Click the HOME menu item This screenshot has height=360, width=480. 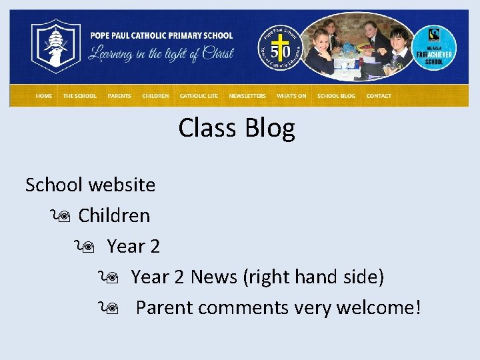pos(44,96)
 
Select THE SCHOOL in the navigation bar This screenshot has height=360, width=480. pos(79,96)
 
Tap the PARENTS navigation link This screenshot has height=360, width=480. pos(119,96)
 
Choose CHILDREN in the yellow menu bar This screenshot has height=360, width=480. pos(155,96)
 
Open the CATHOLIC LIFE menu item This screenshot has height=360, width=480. pos(199,96)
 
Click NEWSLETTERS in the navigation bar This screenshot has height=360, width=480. pos(247,96)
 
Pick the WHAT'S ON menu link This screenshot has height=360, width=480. pos(291,96)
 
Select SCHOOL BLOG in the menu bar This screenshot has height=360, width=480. pos(337,96)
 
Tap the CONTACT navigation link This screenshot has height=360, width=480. pos(379,96)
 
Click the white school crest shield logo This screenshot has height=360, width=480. pos(56,45)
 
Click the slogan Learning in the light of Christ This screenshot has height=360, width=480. pos(161,54)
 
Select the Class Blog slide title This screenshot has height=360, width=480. pos(237,128)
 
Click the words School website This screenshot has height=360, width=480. pos(90,185)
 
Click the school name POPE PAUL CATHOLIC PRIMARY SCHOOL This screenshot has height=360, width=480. pos(161,35)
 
